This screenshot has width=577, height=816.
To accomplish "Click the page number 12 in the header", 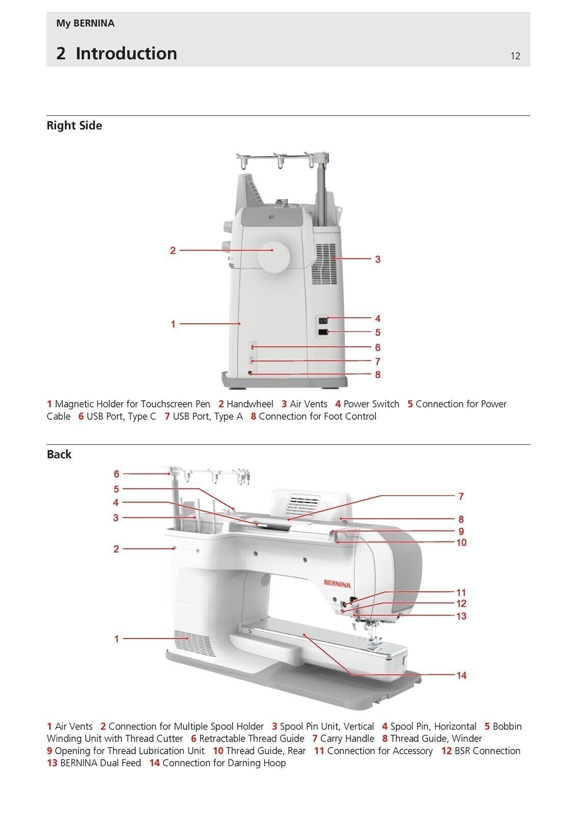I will (515, 56).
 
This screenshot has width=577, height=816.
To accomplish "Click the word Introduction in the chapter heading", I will (126, 54).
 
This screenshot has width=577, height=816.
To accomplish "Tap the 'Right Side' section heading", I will (74, 125).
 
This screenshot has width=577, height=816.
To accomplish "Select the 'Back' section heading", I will (59, 454).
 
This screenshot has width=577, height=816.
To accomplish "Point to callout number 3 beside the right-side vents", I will (378, 259).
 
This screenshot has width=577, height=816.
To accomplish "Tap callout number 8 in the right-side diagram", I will (378, 374).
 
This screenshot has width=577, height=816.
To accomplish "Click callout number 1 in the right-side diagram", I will (173, 324).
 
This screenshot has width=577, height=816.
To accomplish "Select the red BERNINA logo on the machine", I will (337, 584).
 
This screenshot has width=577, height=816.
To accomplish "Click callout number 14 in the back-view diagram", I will (461, 675).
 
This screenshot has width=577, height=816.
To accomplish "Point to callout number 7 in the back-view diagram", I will (461, 496).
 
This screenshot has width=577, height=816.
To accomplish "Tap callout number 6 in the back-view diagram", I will (116, 474).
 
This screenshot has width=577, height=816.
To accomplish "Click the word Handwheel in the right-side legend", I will (249, 404).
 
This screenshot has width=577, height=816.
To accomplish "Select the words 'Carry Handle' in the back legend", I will (347, 738).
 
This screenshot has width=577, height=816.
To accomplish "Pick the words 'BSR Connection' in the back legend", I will (487, 751).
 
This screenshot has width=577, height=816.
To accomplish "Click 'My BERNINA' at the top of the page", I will (85, 23).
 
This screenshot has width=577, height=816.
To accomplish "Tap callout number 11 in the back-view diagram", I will (461, 593).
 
